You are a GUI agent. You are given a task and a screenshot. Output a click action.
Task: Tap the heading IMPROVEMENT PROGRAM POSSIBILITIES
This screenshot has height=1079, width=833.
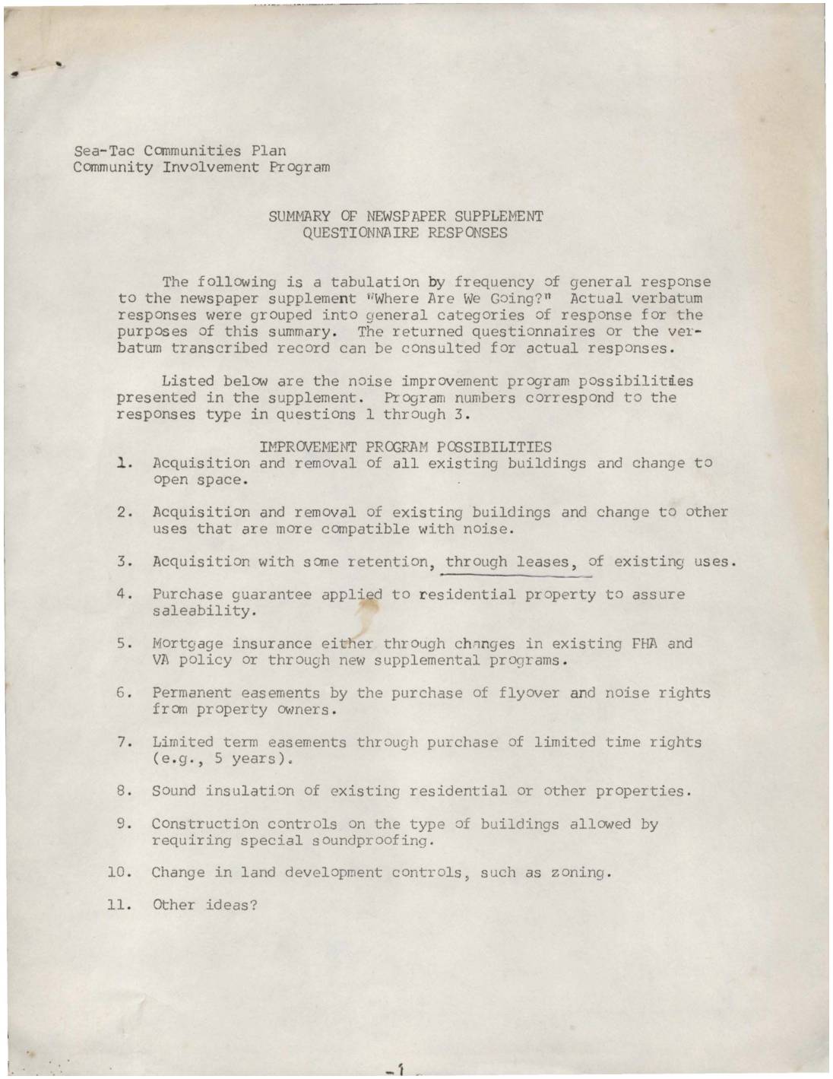(405, 446)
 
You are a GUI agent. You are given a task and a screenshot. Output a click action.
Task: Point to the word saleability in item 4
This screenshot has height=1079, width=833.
(201, 611)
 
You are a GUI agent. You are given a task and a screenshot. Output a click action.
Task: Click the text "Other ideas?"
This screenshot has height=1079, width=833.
(205, 905)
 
